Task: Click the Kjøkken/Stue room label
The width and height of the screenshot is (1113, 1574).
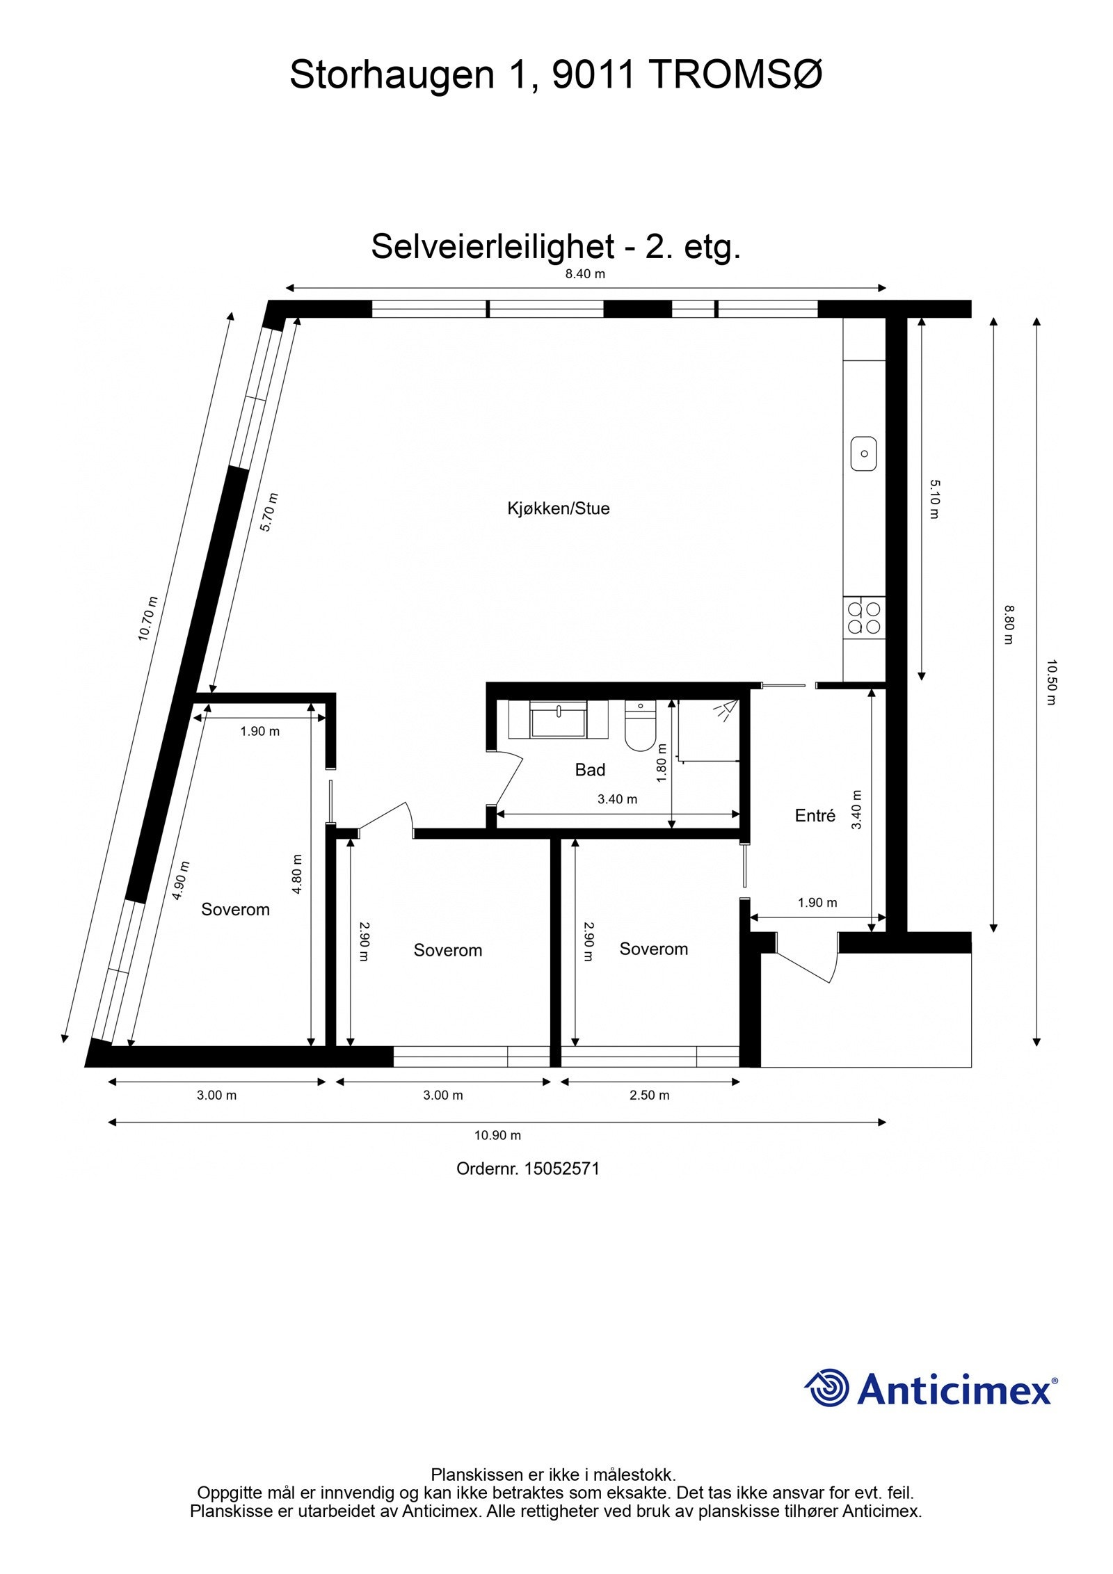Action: pyautogui.click(x=558, y=508)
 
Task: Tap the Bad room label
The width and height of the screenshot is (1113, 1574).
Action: pyautogui.click(x=590, y=770)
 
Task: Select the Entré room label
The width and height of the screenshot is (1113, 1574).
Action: pyautogui.click(x=815, y=816)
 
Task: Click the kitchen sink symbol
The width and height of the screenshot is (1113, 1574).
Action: pyautogui.click(x=864, y=453)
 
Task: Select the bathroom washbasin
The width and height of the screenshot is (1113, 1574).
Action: pyautogui.click(x=558, y=719)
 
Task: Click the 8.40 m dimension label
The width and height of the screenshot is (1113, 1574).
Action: pyautogui.click(x=585, y=274)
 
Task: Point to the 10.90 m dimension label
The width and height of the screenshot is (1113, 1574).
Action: pyautogui.click(x=497, y=1136)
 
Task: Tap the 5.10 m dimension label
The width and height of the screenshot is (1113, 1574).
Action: pyautogui.click(x=934, y=499)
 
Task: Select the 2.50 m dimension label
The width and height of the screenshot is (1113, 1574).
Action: pyautogui.click(x=649, y=1095)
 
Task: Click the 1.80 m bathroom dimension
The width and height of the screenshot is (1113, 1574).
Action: pyautogui.click(x=662, y=763)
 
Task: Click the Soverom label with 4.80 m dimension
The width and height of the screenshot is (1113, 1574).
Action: pyautogui.click(x=235, y=910)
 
